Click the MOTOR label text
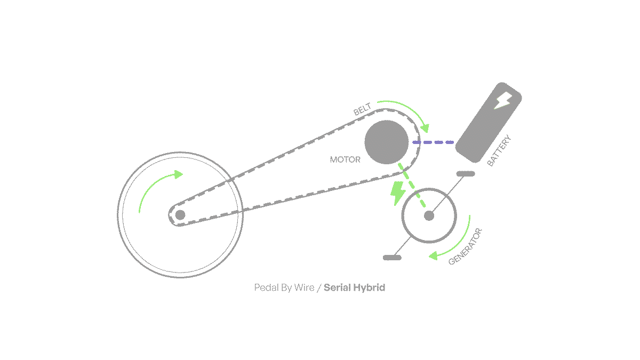coord(345,159)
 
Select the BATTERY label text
coord(499,151)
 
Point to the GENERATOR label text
coord(465,246)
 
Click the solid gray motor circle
coord(386,142)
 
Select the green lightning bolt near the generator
coord(397,193)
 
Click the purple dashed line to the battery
coord(433,142)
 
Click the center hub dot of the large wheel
coord(180,214)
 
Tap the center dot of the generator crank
coord(429,215)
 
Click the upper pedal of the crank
coord(466,174)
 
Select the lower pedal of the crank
coord(392,258)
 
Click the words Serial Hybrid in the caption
coord(354,288)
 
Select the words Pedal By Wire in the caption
coord(284,288)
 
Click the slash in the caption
coord(319,288)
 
